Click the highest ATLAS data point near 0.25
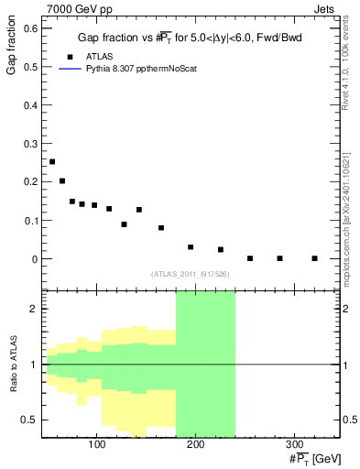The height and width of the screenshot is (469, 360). coord(52,161)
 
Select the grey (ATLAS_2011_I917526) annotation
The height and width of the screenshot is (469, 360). coord(191,274)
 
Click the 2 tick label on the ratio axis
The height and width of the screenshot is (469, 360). coord(34,309)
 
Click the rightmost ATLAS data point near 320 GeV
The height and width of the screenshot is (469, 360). coord(314,258)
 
